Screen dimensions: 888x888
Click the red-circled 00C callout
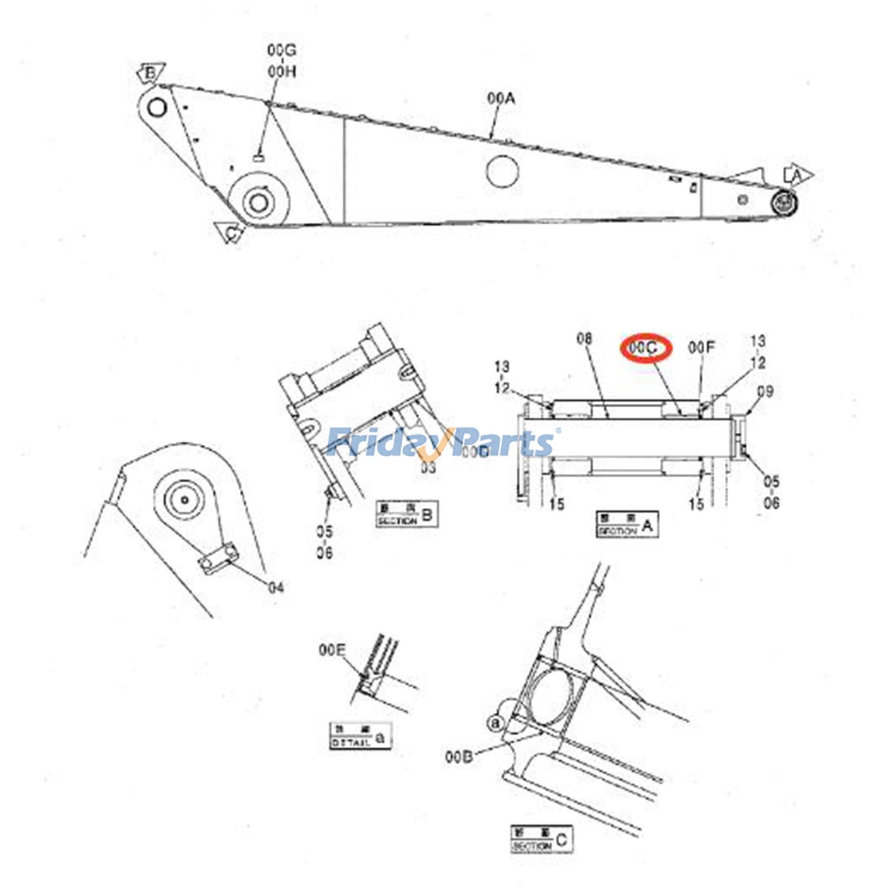tap(645, 348)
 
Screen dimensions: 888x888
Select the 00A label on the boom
tap(501, 99)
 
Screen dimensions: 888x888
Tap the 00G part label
tap(281, 51)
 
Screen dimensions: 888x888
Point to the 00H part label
tap(281, 72)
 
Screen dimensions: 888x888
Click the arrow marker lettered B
tap(150, 73)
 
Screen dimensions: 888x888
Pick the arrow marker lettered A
tap(797, 175)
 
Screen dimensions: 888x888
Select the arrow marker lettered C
tap(231, 233)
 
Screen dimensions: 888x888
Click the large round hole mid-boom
tap(502, 171)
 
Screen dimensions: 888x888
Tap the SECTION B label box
tap(407, 514)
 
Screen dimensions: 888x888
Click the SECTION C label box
tap(541, 840)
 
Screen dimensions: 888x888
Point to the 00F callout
tap(702, 347)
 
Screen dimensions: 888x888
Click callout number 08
tap(584, 339)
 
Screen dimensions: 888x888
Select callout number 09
tap(765, 392)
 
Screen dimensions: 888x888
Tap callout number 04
tap(276, 587)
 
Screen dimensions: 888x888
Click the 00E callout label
tap(332, 650)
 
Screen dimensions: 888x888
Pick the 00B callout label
tap(458, 756)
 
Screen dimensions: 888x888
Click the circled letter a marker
tap(496, 723)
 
